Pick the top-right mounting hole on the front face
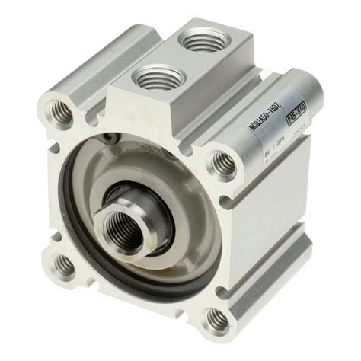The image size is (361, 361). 222,162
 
